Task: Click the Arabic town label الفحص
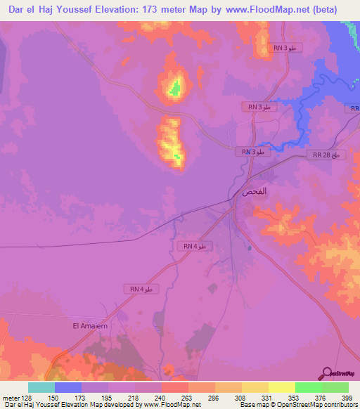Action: (254, 191)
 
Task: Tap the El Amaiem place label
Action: (89, 325)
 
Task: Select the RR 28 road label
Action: (326, 155)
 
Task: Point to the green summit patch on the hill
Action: (174, 89)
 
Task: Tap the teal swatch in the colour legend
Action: (41, 387)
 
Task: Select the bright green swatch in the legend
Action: (309, 387)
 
